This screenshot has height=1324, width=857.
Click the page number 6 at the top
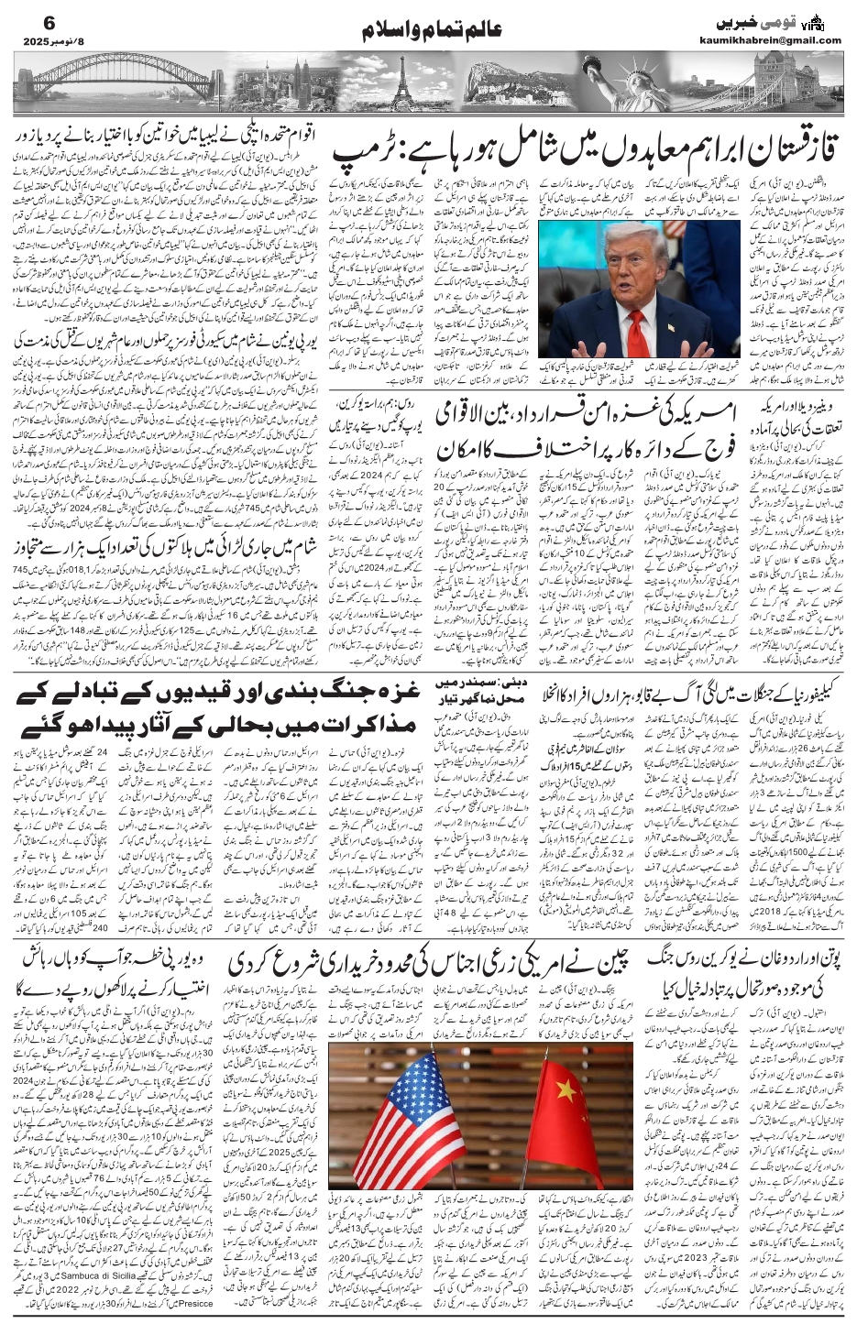pyautogui.click(x=23, y=17)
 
